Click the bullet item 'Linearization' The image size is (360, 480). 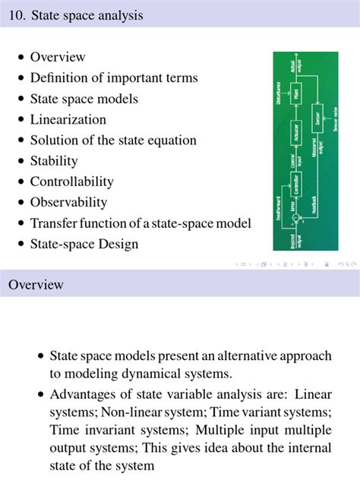tap(68, 119)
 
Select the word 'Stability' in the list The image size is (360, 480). tap(54, 160)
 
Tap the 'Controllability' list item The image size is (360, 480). tap(71, 182)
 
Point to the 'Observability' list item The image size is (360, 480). tap(68, 202)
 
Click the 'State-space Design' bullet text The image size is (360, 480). tap(84, 244)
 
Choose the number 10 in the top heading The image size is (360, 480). tap(16, 15)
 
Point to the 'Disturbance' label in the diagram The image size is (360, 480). tap(279, 94)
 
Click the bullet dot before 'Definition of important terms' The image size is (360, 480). tap(21, 78)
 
